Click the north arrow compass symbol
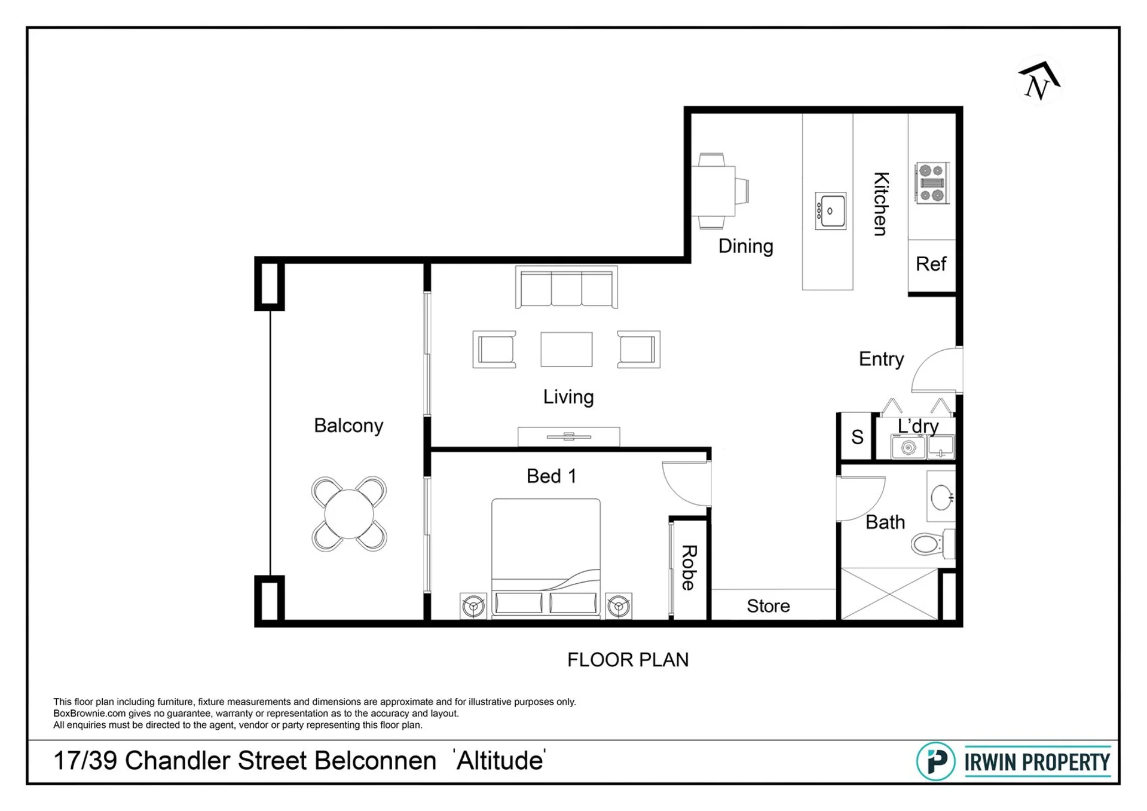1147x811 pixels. [x=1039, y=82]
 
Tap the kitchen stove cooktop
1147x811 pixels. [x=932, y=183]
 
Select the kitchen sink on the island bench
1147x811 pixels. [x=830, y=211]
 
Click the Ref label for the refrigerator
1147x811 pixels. [x=931, y=264]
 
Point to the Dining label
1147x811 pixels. [x=745, y=246]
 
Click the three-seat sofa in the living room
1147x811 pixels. [x=566, y=287]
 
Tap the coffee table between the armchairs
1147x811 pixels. [x=566, y=349]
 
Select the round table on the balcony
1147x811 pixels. [x=349, y=514]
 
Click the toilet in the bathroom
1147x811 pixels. [x=932, y=544]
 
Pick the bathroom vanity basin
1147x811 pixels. [x=941, y=497]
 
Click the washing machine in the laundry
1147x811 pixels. [x=908, y=447]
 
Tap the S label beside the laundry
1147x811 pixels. [x=857, y=437]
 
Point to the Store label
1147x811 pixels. [x=768, y=606]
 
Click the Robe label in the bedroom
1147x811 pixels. [x=689, y=567]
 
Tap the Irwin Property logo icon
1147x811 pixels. [x=936, y=761]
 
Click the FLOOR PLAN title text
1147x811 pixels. [x=628, y=660]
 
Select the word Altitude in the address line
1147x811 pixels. [x=500, y=761]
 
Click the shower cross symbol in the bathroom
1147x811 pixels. [x=889, y=594]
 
